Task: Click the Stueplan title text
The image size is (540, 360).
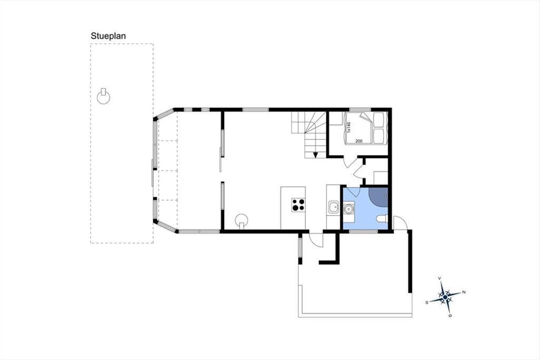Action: coord(108,36)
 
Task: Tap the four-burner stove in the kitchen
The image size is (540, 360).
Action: coord(298,205)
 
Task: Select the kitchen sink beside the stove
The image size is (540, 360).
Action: coord(333,207)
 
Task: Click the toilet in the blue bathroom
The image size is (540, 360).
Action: coord(382,219)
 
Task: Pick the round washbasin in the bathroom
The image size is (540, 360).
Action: coord(348,209)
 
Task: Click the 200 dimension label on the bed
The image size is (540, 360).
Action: coord(359,141)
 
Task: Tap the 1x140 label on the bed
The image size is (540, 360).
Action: coord(349,127)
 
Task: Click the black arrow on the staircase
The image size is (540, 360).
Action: coord(315,155)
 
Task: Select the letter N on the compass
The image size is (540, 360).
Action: coord(464,292)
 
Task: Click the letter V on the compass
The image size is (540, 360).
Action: coord(440,279)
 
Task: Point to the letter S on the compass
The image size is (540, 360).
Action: coord(427,302)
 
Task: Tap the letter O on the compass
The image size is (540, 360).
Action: coord(450,316)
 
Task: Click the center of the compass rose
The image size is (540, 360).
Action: coord(445,297)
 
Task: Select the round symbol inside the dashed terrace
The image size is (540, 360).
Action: coord(103,97)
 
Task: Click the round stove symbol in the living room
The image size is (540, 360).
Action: coord(242,221)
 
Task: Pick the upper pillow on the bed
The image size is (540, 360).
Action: coord(378,120)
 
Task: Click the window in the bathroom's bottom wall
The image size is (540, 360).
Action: coord(363,231)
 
